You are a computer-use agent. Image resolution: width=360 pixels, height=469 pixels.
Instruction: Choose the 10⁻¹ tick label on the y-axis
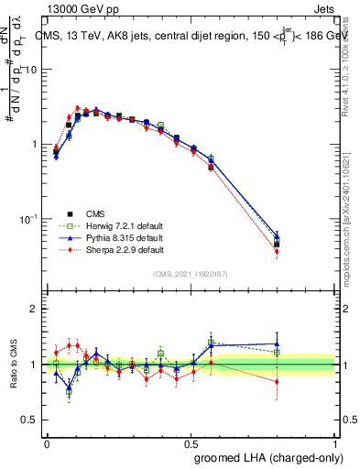[31, 219]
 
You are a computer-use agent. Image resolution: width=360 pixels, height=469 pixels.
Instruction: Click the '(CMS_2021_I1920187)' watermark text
[191, 274]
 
